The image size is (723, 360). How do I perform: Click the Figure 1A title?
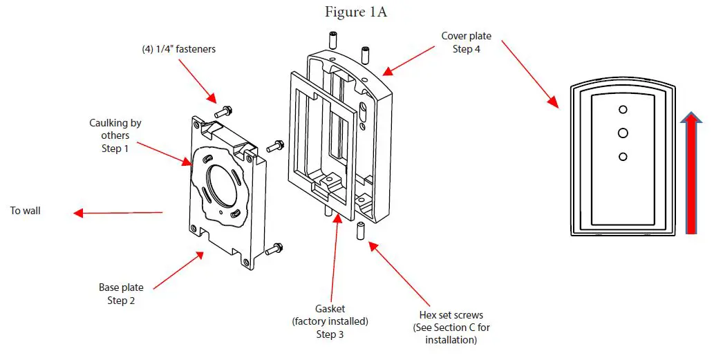tap(357, 13)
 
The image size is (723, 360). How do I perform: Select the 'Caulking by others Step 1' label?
tap(115, 135)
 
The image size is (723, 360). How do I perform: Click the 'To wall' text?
tap(26, 210)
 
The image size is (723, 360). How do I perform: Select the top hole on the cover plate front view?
tap(622, 110)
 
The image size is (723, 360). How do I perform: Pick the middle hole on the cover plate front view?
tap(622, 132)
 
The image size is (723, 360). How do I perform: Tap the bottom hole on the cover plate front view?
tap(622, 157)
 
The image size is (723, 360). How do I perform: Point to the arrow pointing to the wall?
tap(118, 213)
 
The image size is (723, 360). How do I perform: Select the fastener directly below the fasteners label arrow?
tap(223, 110)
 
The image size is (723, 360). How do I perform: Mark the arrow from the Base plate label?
tap(178, 270)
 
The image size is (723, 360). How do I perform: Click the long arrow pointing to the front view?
tap(529, 73)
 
